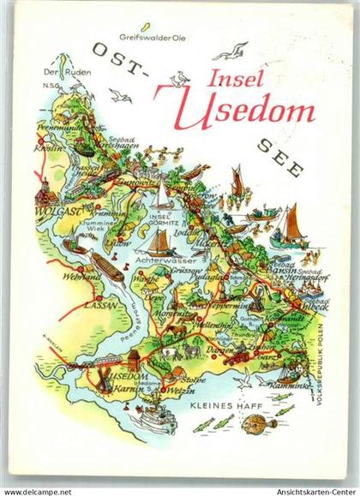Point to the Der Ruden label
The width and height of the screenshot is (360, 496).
[x=58, y=74]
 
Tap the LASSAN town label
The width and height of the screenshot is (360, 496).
[x=78, y=303]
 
